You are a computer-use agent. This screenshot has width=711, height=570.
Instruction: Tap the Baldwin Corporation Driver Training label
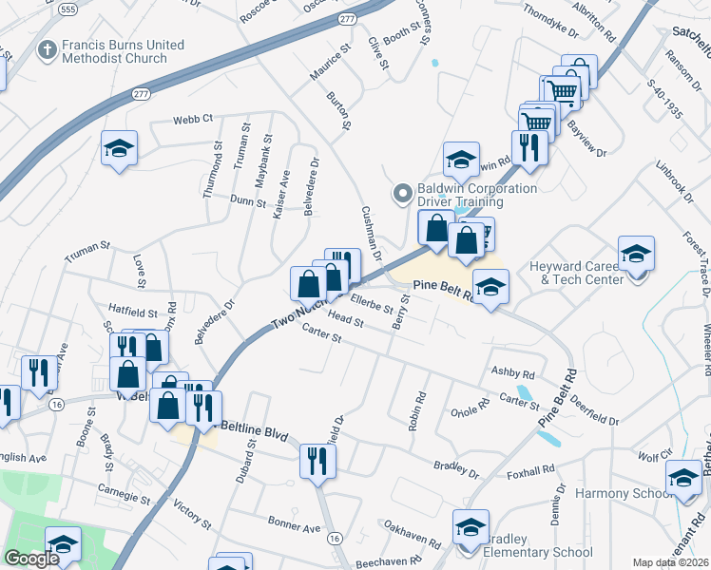coord(467,195)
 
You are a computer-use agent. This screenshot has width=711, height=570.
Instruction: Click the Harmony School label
coord(615,494)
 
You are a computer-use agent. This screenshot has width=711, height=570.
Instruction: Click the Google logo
coord(31,559)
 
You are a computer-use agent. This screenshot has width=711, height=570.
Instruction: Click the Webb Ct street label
coord(192,121)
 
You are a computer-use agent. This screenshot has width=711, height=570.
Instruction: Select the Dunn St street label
coord(248,199)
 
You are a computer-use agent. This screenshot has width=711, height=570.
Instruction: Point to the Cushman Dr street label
coord(370,233)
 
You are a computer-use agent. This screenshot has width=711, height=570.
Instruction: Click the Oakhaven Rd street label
coord(412,534)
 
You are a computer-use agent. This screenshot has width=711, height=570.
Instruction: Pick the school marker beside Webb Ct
coord(120,149)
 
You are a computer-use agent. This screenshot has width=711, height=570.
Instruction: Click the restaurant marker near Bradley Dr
coord(317,462)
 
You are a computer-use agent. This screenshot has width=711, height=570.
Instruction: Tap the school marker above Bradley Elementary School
coord(471,527)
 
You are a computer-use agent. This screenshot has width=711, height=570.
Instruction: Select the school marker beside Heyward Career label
coord(636,254)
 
